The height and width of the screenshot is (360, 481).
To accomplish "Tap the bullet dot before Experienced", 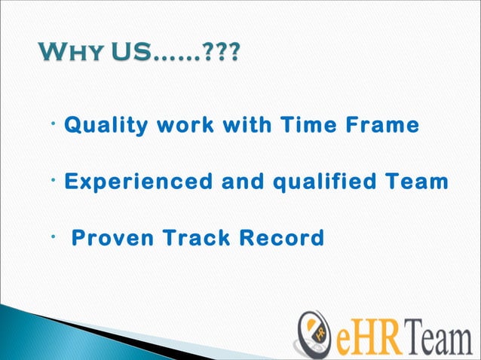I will [57, 177].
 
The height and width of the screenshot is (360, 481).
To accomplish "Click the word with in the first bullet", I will [244, 125].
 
